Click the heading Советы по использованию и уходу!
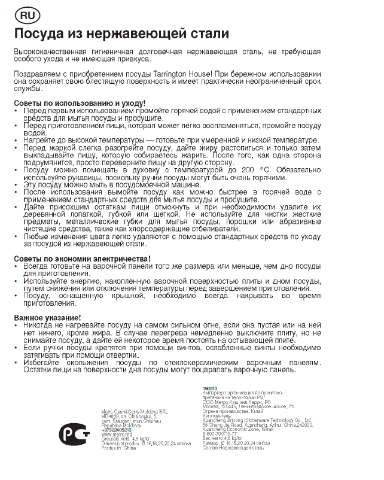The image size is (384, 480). (80, 103)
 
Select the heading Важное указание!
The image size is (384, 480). (47, 317)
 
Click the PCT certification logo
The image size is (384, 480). (75, 431)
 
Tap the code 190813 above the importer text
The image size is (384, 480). (211, 389)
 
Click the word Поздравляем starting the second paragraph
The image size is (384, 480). (42, 74)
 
